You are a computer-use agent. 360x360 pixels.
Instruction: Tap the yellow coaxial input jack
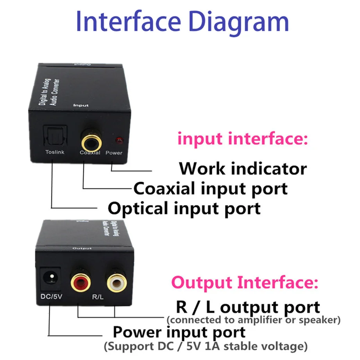click(x=90, y=138)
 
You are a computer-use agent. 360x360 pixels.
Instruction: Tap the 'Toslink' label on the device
click(x=54, y=152)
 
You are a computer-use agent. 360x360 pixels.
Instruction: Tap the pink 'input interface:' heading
click(x=242, y=139)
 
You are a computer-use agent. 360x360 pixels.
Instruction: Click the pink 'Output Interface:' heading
click(x=245, y=281)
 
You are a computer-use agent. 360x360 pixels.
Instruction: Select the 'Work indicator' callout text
click(x=243, y=168)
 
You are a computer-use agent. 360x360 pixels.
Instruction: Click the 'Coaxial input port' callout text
click(x=211, y=188)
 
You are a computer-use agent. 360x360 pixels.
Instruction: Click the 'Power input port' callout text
click(x=179, y=333)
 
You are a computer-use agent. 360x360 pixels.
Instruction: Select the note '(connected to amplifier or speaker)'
click(x=253, y=320)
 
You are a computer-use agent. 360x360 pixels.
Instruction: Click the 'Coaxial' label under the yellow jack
click(x=90, y=152)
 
